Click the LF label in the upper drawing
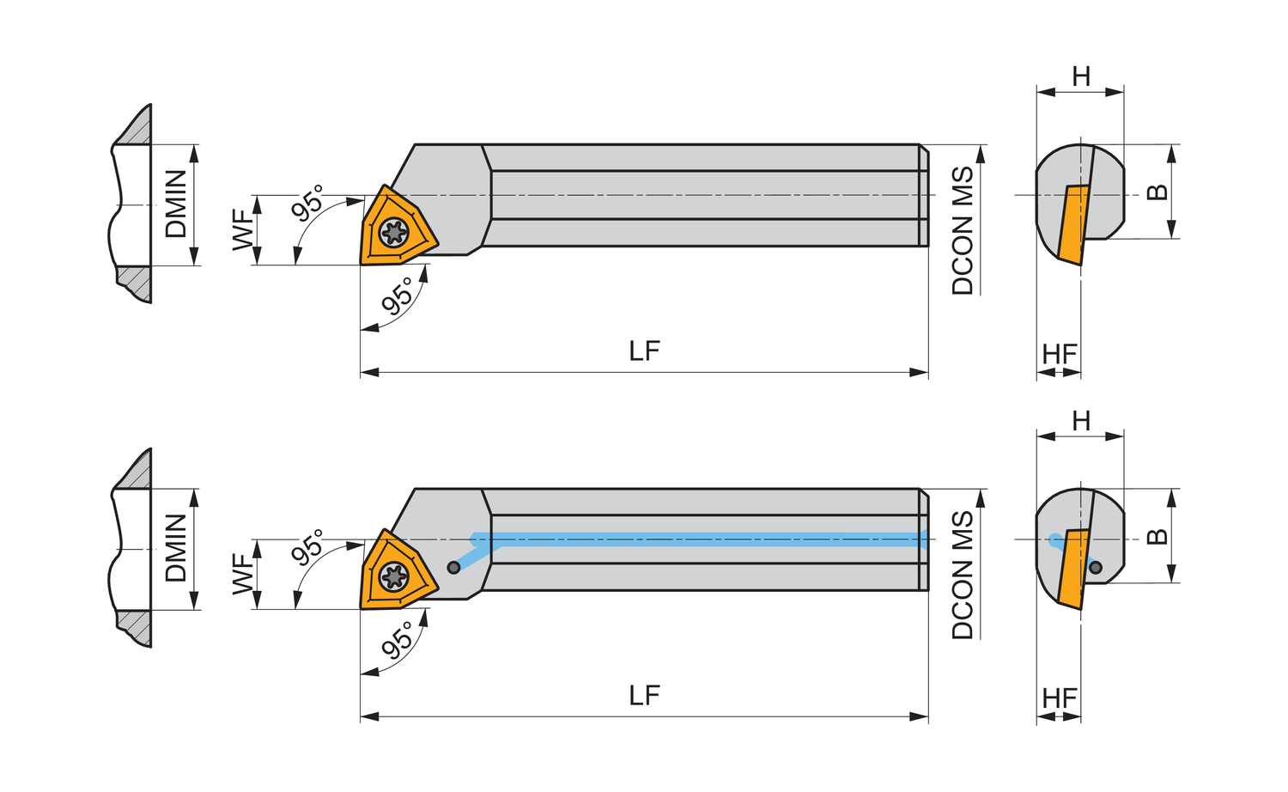(644, 350)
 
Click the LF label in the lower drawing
(644, 695)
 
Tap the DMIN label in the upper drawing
(176, 204)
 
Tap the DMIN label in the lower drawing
(176, 548)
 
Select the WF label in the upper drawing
(245, 229)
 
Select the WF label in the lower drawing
(245, 574)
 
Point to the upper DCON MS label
(963, 230)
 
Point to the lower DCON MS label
(963, 575)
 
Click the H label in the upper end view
(1081, 76)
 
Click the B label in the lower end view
(1157, 536)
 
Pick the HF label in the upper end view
(1060, 354)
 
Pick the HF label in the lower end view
(1060, 698)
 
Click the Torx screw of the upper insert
(394, 232)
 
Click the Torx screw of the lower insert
(394, 576)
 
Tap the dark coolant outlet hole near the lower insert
(453, 567)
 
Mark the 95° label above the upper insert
(308, 203)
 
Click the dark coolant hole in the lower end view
(1095, 566)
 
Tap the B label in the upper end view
(1157, 192)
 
